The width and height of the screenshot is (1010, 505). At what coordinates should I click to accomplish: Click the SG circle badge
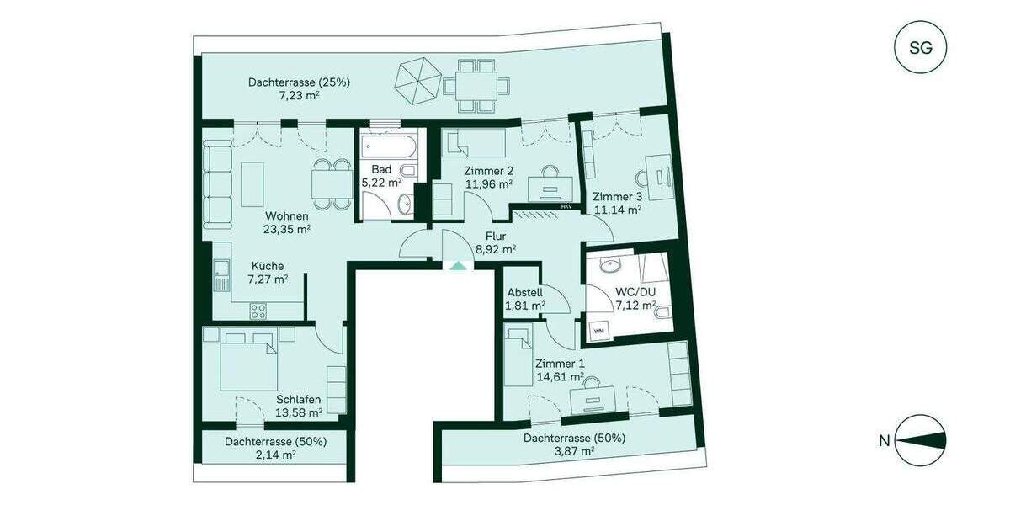tap(921, 48)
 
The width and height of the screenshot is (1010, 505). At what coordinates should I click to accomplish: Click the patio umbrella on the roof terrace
tap(418, 79)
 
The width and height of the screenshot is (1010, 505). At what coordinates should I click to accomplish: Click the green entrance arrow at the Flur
tap(456, 266)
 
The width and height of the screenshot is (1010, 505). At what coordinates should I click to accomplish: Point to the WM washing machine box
tap(600, 331)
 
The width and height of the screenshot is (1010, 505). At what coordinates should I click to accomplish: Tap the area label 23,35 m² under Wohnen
tap(287, 228)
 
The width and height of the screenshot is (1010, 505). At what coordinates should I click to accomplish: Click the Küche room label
tap(266, 265)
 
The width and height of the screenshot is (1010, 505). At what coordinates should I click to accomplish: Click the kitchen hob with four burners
tap(258, 310)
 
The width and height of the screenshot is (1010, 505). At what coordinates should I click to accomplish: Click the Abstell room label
tap(524, 293)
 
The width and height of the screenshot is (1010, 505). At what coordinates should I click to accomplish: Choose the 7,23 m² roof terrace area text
tap(299, 96)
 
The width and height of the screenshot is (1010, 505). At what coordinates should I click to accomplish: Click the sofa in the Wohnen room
tap(217, 185)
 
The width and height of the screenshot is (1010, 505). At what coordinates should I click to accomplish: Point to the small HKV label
tap(566, 205)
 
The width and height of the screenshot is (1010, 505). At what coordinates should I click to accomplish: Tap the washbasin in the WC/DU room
tap(610, 266)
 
